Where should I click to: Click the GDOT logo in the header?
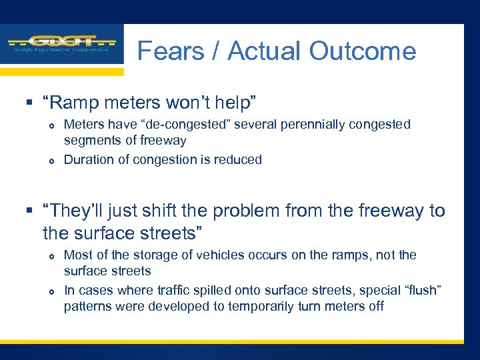[61, 43]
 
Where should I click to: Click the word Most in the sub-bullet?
[77, 255]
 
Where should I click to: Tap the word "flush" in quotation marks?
[421, 290]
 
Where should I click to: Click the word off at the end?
[375, 307]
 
